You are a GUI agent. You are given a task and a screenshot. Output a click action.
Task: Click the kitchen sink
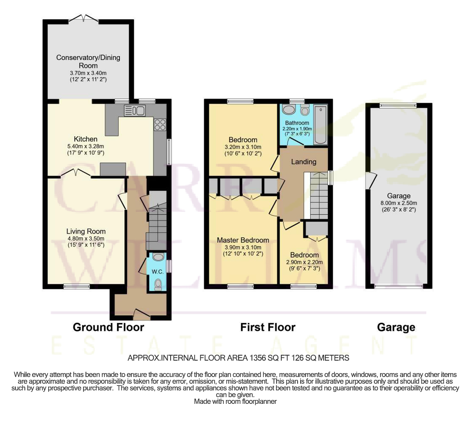pos(135,110)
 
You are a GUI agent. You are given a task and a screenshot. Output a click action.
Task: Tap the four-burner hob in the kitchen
pos(160,125)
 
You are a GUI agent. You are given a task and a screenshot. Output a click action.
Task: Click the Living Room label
pos(86,231)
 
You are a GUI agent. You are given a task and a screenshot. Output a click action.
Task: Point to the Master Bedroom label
pos(243,240)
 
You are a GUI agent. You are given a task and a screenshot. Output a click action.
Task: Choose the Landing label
pos(303,162)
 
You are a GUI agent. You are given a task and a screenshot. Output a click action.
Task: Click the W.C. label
pos(158,272)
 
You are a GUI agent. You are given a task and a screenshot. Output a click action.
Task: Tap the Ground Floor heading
pos(109,327)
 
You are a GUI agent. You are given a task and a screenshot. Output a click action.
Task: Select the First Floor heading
pos(268,327)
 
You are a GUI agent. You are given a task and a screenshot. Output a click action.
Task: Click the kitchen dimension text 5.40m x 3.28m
pos(86,146)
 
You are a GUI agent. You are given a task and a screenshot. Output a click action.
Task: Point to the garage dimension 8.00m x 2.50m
pos(399,203)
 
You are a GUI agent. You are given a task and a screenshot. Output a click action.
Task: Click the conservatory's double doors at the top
pos(83,18)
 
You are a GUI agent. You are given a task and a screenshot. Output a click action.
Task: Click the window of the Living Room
pos(76,286)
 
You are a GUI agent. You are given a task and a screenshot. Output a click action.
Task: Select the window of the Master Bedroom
pos(240,286)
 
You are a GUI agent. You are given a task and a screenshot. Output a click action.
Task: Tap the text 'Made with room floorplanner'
pos(235,401)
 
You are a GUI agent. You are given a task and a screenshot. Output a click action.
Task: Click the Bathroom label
pos(297,123)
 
